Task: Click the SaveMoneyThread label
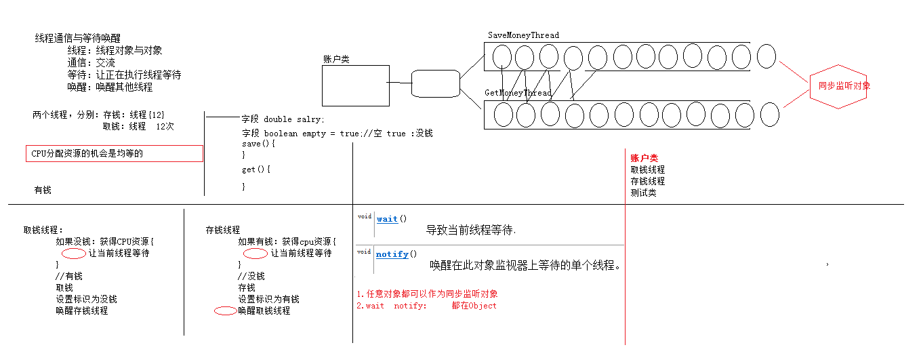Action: point(523,35)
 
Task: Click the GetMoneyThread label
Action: point(518,93)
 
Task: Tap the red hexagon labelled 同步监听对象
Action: point(839,86)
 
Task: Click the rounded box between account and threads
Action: point(436,84)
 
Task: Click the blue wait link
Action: point(387,219)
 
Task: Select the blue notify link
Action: point(392,254)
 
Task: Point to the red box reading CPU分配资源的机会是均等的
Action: point(114,154)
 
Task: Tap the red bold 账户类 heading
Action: point(644,158)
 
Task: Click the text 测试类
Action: point(643,193)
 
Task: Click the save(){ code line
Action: point(259,144)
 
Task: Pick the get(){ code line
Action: point(256,169)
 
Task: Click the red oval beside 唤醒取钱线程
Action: point(225,311)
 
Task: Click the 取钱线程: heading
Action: point(43,230)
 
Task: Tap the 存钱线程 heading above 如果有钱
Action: point(222,230)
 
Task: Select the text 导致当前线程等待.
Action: point(470,230)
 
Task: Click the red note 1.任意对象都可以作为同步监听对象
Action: point(427,294)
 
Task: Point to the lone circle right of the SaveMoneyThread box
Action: point(766,56)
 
